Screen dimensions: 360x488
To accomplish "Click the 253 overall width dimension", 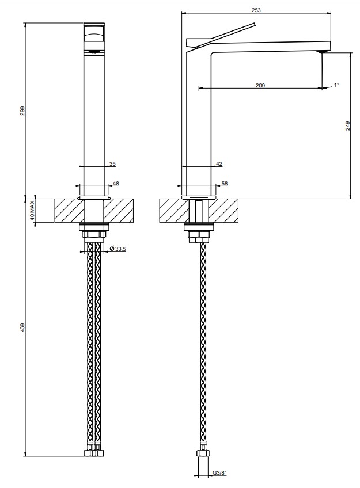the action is click(x=256, y=10).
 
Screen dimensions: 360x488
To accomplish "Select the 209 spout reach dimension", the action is click(x=260, y=85).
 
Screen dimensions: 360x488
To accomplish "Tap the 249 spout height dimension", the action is click(x=348, y=125).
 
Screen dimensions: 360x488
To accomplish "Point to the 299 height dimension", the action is click(x=22, y=110).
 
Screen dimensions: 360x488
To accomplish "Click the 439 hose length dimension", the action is click(x=22, y=327).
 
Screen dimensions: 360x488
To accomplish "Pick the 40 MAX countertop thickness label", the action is click(x=32, y=211).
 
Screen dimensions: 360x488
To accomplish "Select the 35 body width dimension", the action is click(x=112, y=163).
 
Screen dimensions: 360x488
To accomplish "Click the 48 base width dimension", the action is click(x=116, y=184).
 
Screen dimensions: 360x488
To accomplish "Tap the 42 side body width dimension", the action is click(x=219, y=163).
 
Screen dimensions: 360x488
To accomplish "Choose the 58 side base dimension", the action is click(x=225, y=184).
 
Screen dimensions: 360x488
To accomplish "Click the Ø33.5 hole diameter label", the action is click(x=118, y=249).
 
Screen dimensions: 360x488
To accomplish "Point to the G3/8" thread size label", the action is click(x=219, y=482).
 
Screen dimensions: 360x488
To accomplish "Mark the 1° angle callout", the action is click(x=336, y=85).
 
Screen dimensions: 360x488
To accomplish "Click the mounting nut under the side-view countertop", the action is click(x=199, y=236).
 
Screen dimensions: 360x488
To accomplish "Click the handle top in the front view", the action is click(x=94, y=33).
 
